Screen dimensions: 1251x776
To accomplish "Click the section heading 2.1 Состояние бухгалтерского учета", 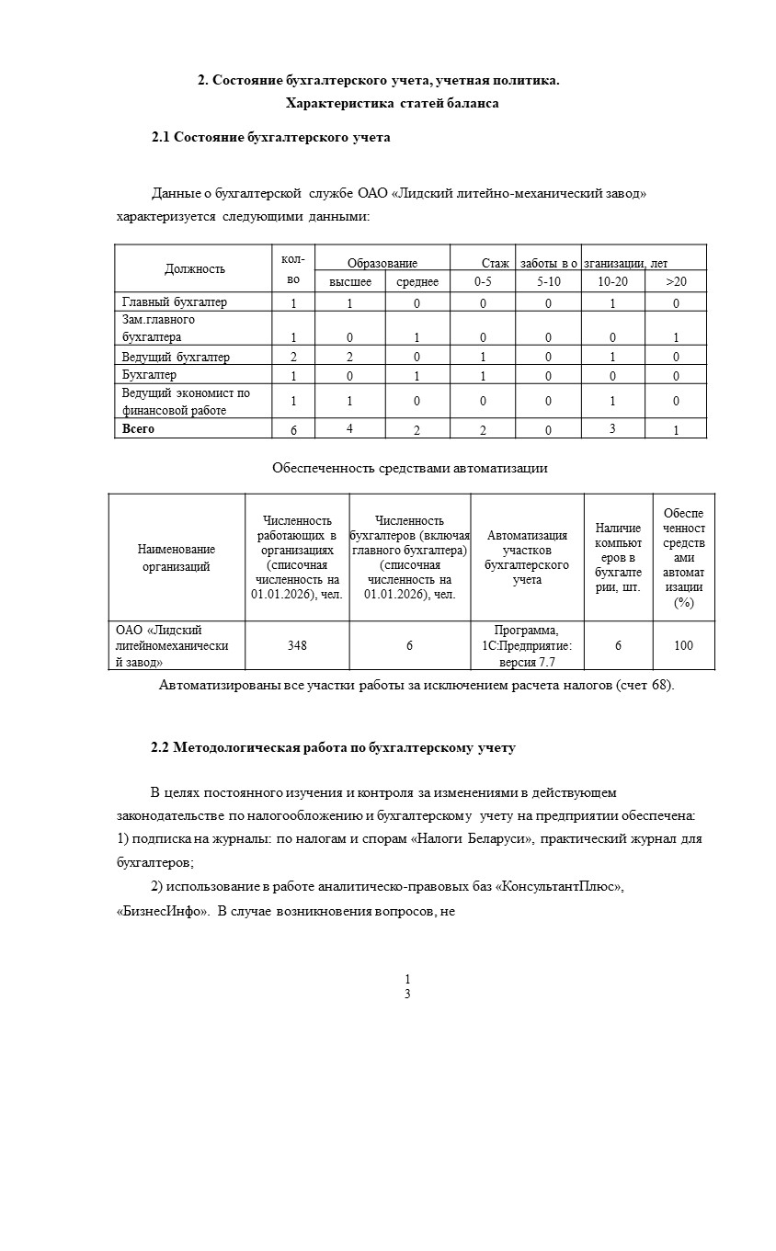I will [271, 138].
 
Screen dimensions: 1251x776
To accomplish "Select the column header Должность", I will [195, 269].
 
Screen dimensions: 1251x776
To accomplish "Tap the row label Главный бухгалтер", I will [175, 302].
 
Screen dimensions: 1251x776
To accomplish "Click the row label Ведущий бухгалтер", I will [176, 357].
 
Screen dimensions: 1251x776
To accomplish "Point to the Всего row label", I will [139, 429].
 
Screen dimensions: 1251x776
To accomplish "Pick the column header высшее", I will [350, 282].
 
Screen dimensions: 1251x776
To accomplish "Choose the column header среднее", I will [417, 282].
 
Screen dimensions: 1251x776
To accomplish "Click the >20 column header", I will [676, 282].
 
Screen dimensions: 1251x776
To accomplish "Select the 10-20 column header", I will [612, 282].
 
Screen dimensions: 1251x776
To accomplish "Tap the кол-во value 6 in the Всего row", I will [293, 431].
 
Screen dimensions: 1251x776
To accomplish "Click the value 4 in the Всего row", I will [349, 428].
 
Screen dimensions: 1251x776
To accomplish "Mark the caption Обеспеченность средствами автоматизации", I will [410, 468].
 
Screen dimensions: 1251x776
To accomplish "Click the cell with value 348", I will [297, 646].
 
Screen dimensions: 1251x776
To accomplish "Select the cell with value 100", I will [683, 646].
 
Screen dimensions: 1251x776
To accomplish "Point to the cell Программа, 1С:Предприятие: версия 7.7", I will [527, 646].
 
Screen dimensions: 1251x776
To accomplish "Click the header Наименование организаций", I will [177, 558].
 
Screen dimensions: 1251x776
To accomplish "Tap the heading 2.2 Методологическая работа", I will [333, 748].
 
